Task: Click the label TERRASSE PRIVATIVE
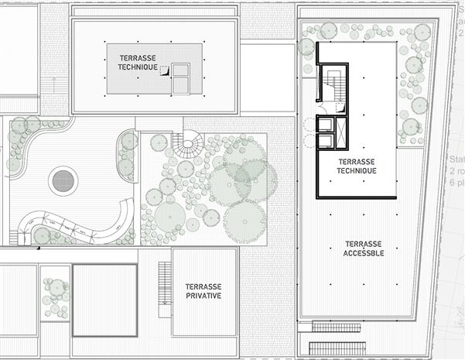[x=203, y=290]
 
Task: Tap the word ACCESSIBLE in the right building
[x=363, y=254]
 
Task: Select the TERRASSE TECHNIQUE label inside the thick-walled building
[x=357, y=166]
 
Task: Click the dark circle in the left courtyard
[x=63, y=182]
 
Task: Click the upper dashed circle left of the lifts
[x=309, y=124]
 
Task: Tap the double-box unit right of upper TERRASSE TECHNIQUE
[x=182, y=80]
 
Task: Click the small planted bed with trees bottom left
[x=55, y=293]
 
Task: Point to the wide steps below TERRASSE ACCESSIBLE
[x=337, y=348]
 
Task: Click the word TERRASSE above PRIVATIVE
[x=203, y=286]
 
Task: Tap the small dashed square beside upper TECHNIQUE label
[x=163, y=69]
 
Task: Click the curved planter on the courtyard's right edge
[x=127, y=153]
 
